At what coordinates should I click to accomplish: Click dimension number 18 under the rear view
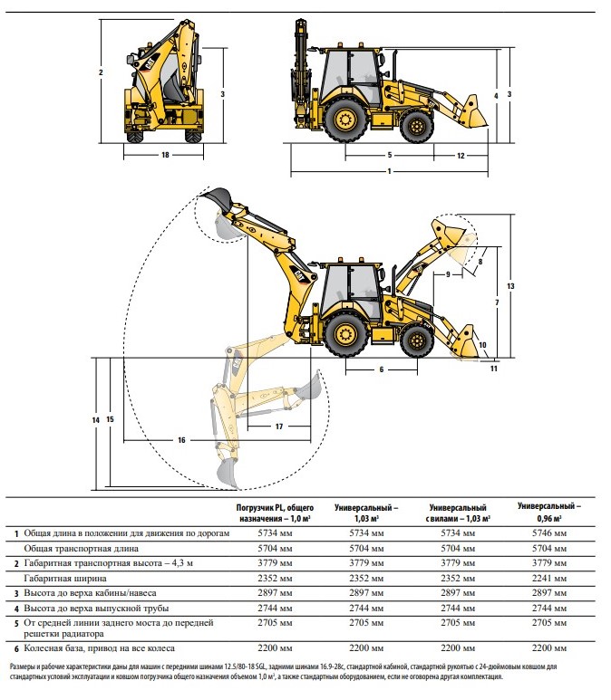[x=165, y=155]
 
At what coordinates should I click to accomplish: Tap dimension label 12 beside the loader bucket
[x=461, y=156]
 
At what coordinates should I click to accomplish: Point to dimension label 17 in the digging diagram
[x=279, y=427]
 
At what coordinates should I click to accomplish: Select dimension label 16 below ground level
[x=181, y=440]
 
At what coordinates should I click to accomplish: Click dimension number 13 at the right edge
[x=510, y=286]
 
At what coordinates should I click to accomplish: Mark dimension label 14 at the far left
[x=96, y=420]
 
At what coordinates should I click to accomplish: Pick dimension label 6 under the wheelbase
[x=382, y=369]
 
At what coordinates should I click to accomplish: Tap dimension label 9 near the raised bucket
[x=449, y=274]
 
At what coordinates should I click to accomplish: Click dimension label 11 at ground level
[x=493, y=369]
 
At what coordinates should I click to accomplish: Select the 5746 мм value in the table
[x=548, y=533]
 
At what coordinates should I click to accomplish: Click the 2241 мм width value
[x=548, y=579]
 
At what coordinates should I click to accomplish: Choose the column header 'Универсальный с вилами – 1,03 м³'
[x=458, y=513]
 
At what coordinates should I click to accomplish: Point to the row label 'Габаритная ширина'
[x=64, y=579]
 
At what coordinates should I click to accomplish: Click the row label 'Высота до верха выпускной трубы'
[x=96, y=609]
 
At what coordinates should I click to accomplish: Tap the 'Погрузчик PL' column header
[x=275, y=513]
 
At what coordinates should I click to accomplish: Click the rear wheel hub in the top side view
[x=345, y=120]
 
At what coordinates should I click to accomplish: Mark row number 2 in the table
[x=16, y=564]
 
